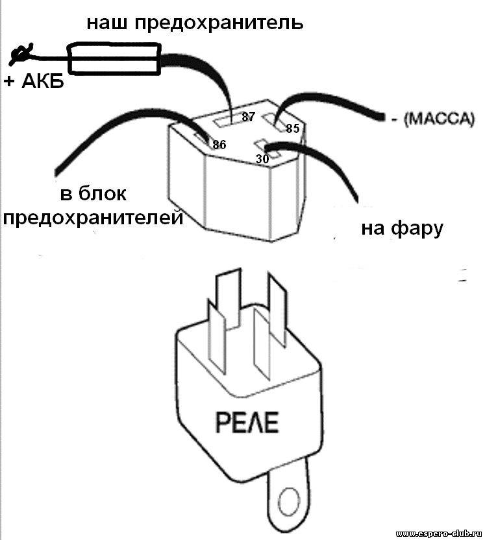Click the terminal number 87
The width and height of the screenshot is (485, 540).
click(x=248, y=117)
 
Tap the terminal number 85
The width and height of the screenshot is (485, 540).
click(x=293, y=128)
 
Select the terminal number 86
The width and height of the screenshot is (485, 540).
click(x=219, y=145)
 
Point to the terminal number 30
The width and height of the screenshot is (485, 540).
click(x=262, y=159)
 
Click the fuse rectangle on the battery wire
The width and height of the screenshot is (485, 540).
click(x=114, y=58)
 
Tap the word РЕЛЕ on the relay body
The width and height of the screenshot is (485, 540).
click(x=247, y=423)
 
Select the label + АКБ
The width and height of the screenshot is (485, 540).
click(x=34, y=82)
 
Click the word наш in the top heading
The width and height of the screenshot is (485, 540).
click(x=106, y=23)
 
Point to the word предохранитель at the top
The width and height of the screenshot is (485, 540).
click(x=219, y=24)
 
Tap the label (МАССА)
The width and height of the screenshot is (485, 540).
click(x=439, y=119)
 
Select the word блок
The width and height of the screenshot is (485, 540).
click(x=103, y=193)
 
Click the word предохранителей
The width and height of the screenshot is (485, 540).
click(x=93, y=218)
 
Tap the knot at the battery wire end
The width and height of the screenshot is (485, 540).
click(x=21, y=54)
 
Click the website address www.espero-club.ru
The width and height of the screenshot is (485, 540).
click(x=438, y=534)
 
